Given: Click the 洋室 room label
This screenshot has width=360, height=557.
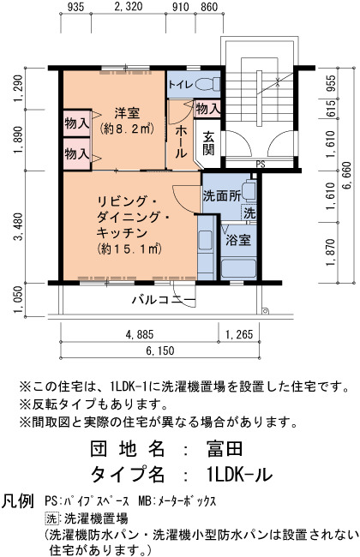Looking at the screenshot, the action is click(127, 113).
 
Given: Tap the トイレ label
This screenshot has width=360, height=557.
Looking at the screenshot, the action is click(181, 85).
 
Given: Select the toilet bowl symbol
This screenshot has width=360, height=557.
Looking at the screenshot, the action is click(207, 85).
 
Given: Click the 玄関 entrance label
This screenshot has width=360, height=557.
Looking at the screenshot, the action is click(208, 143).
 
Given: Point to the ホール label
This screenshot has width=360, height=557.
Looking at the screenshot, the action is click(181, 141).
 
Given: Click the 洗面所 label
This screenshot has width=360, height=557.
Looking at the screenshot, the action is click(222, 195).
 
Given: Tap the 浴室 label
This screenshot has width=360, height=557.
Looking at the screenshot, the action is click(238, 241).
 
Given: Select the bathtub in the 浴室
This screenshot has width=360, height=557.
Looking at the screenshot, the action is click(238, 269).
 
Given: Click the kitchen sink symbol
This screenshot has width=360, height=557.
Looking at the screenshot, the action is click(206, 241).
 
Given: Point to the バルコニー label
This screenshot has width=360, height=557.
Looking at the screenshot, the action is click(164, 300).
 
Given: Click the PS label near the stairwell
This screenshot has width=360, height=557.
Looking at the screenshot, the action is click(261, 165).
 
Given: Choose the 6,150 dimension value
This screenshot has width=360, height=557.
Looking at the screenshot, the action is click(160, 351).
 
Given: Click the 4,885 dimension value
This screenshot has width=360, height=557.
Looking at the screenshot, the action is click(140, 334).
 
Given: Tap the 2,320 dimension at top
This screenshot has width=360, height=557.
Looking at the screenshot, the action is click(129, 6).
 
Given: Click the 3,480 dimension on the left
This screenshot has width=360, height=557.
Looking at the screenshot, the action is click(19, 226).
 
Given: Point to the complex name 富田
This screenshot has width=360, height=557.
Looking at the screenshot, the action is click(225, 449).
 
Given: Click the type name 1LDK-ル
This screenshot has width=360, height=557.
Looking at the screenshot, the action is click(240, 474).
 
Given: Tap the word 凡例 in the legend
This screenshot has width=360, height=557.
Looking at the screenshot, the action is click(18, 501).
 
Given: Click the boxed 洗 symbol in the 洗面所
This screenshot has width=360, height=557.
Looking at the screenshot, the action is click(249, 213).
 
